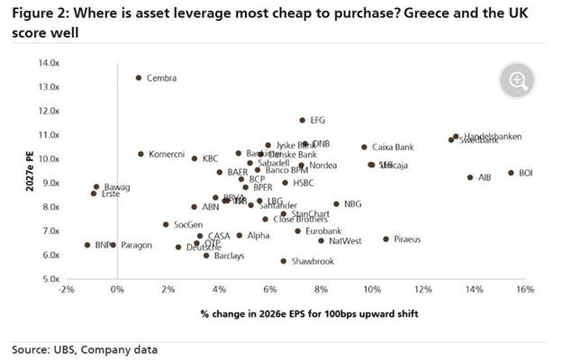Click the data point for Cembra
pyautogui.click(x=138, y=78)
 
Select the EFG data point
pyautogui.click(x=303, y=120)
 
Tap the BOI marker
pyautogui.click(x=511, y=173)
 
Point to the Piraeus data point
pyautogui.click(x=385, y=239)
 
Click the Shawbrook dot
pyautogui.click(x=283, y=261)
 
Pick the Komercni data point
pyautogui.click(x=140, y=154)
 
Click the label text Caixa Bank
pyautogui.click(x=393, y=147)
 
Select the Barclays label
pyautogui.click(x=229, y=256)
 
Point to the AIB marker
pyautogui.click(x=470, y=177)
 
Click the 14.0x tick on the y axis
pyautogui.click(x=48, y=63)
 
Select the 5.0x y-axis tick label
pyautogui.click(x=50, y=279)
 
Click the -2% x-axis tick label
pyautogui.click(x=66, y=291)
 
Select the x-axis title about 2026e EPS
pyautogui.click(x=296, y=313)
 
